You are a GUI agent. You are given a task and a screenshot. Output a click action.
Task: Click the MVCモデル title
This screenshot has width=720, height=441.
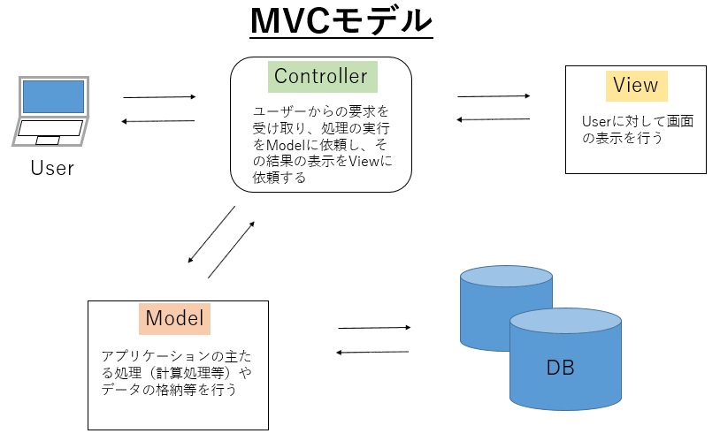pos(341,21)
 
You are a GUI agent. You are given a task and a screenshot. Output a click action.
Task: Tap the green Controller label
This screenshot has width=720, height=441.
pos(322,77)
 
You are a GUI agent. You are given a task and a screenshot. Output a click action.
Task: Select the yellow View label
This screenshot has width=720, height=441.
pos(636,86)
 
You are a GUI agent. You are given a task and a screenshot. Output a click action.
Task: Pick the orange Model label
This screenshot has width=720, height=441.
pos(174,318)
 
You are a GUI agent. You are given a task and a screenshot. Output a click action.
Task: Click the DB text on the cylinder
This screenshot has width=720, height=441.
pos(560,368)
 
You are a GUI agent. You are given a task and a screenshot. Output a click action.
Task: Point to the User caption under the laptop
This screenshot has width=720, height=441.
pos(52,168)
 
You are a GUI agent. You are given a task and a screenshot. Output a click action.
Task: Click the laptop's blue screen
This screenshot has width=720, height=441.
pos(53,96)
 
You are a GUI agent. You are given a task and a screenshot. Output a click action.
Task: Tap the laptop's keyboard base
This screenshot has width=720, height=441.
pos(50,133)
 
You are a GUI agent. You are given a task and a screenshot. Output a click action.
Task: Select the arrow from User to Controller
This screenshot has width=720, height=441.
pos(159,97)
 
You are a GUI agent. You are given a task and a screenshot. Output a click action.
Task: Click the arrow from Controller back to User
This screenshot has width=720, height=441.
pos(158,121)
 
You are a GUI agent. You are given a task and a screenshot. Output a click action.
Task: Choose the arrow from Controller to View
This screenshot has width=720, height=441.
pos(494,96)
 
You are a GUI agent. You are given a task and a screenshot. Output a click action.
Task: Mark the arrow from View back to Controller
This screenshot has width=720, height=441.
pos(494,119)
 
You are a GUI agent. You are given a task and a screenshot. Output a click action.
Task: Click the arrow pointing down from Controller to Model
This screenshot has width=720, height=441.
pos(211,234)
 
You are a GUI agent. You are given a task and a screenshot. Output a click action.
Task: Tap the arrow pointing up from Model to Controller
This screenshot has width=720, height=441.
pos(232,249)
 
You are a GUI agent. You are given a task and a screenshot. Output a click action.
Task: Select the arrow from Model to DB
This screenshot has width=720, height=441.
pos(374,328)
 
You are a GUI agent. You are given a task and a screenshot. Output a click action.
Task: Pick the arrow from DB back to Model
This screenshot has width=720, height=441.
pos(372,352)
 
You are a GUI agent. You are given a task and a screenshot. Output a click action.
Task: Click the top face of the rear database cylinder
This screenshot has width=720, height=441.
pos(506,277)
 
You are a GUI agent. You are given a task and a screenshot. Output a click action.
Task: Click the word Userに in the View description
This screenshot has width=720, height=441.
pos(604,121)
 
